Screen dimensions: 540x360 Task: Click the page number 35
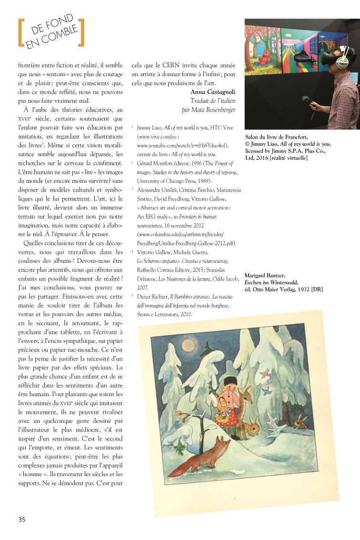(22, 519)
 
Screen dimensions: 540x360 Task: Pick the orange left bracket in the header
(20, 33)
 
